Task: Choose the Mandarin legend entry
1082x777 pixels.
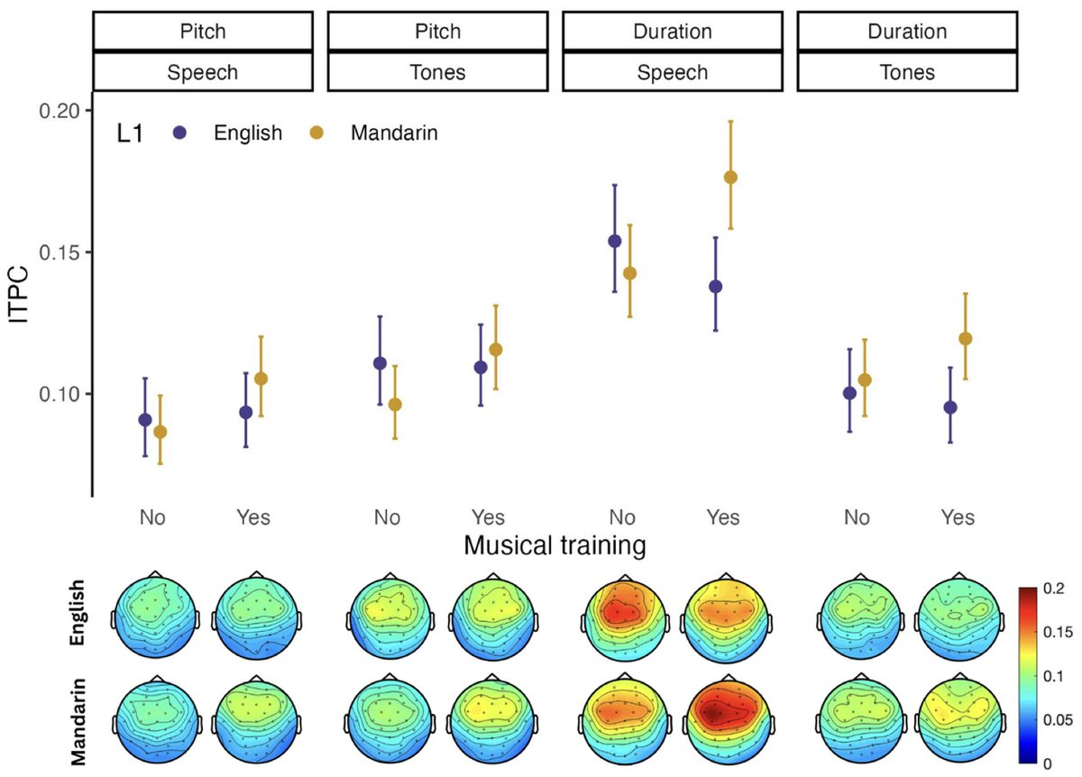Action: coord(390,133)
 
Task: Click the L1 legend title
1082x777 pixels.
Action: coord(130,133)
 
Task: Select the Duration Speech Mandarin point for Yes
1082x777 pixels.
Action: coord(730,178)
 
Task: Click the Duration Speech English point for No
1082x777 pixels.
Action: coord(615,241)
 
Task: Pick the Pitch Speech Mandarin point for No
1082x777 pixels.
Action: coord(160,432)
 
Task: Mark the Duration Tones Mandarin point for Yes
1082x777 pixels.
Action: coord(966,339)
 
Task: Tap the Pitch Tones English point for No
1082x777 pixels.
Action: coord(380,363)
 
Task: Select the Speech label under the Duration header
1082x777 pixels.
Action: coord(674,73)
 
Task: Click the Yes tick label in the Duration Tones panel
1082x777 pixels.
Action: coord(958,518)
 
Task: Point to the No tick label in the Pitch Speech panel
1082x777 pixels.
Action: coord(151,518)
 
